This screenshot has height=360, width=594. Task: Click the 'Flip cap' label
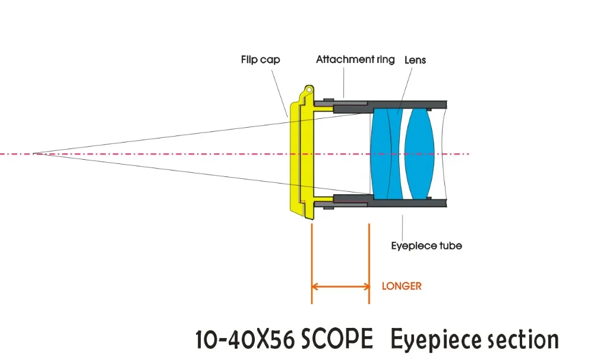click(x=260, y=59)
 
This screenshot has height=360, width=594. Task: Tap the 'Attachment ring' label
click(x=355, y=59)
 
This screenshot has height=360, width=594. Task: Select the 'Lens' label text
click(x=415, y=60)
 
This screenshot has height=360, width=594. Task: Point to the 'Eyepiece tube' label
click(x=426, y=245)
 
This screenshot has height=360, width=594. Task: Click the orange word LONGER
click(x=402, y=286)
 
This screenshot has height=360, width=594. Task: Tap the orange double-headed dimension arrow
click(x=340, y=286)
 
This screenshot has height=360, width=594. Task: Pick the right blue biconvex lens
click(x=420, y=154)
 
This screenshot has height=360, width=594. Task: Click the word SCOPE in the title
click(x=337, y=340)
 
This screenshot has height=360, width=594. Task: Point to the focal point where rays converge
click(x=34, y=154)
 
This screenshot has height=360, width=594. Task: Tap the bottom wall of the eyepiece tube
click(x=410, y=204)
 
